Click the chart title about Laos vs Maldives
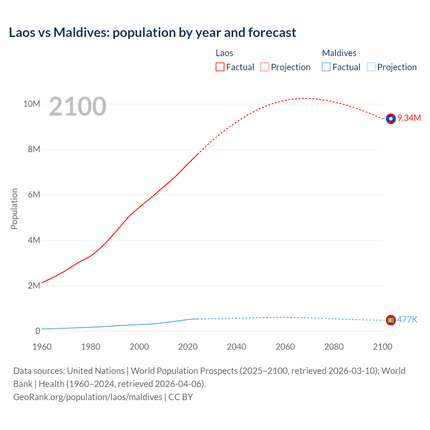pos(153,33)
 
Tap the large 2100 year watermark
pos(78,106)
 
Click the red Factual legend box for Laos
pos(220,67)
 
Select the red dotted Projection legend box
pos(265,67)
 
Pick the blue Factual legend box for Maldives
pos(326,67)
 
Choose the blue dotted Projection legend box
pos(371,67)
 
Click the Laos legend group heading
pos(224,53)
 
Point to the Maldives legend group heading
pos(339,53)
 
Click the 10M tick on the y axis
pos(32,104)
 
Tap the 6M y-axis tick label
pos(34,195)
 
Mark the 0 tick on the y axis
pos(38,331)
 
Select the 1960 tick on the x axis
pos(42,347)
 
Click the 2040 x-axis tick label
pos(236,347)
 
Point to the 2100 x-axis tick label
pos(382,347)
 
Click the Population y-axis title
pos(14,209)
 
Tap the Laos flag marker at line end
pos(391,119)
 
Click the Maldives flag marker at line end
pos(391,320)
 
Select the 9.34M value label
pos(409,118)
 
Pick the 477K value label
pos(407,319)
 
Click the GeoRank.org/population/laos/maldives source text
pos(88,397)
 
